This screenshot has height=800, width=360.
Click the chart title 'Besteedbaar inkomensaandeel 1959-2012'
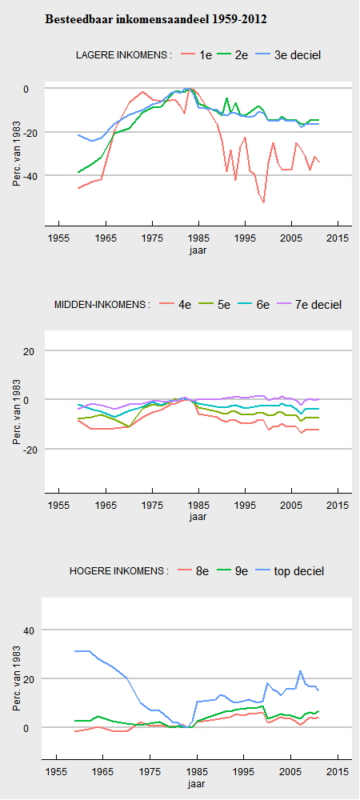[156, 20]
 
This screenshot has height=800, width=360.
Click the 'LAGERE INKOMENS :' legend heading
[123, 55]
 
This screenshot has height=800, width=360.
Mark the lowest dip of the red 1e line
[264, 202]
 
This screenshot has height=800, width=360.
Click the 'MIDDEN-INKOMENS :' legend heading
[102, 305]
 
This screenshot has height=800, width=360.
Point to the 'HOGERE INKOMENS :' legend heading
[119, 571]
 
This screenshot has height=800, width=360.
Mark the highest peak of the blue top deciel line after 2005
[300, 670]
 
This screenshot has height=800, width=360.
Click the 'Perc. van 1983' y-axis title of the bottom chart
[18, 678]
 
